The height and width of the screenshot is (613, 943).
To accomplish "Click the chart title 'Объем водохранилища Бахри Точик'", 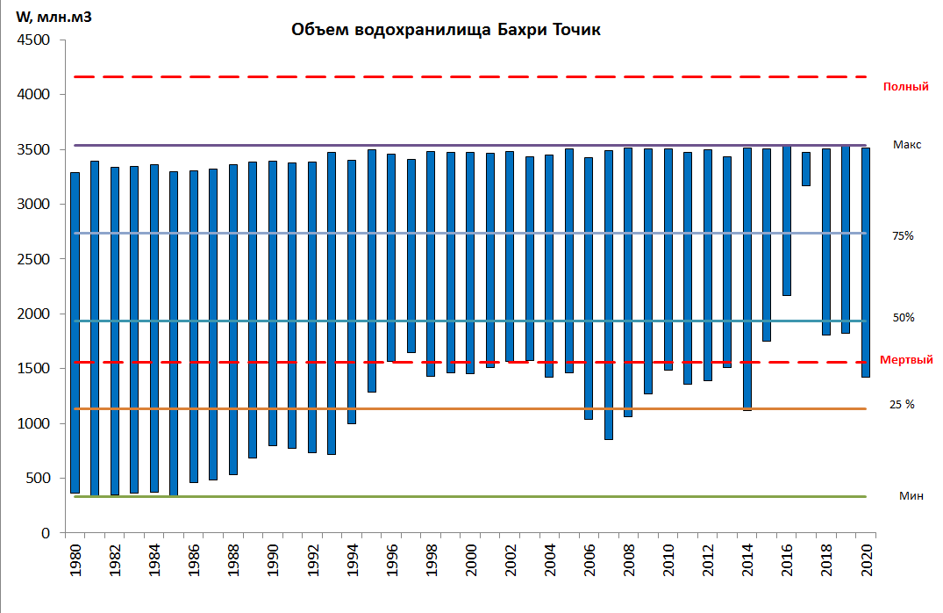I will (446, 31).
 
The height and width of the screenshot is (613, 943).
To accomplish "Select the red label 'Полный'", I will (905, 87).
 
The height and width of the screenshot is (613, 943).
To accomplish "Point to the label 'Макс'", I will (907, 144).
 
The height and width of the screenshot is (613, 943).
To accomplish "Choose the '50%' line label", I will (904, 317).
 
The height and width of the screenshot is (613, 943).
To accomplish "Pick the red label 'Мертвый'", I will (906, 360).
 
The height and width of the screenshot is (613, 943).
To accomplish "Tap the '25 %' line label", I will (903, 404).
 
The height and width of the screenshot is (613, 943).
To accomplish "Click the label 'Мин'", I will (911, 495).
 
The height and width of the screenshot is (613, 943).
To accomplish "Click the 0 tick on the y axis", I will (45, 533).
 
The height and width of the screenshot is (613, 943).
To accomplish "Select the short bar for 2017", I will (806, 169).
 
